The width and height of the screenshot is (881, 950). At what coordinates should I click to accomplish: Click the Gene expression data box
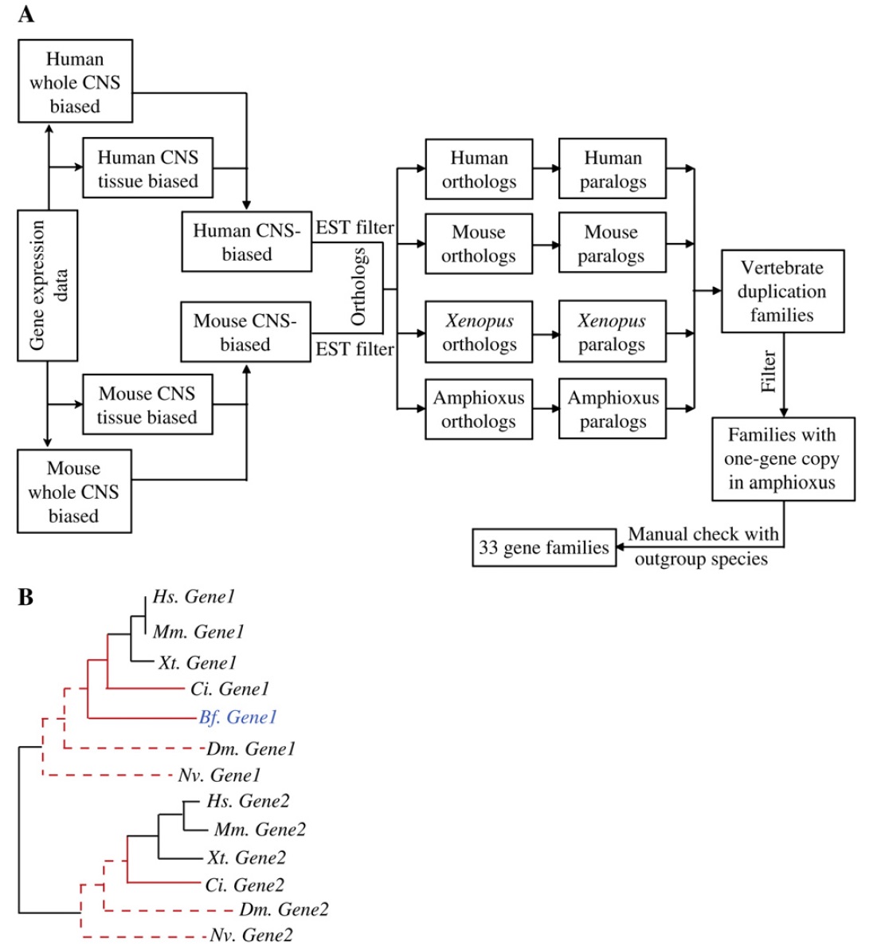pyautogui.click(x=48, y=285)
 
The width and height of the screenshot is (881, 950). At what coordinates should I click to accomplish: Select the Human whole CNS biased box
pyautogui.click(x=75, y=81)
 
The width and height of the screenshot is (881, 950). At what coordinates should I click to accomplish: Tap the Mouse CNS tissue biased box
pyautogui.click(x=147, y=405)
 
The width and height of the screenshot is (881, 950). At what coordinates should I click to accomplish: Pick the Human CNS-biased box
pyautogui.click(x=246, y=242)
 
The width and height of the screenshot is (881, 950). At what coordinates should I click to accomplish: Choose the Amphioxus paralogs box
pyautogui.click(x=613, y=409)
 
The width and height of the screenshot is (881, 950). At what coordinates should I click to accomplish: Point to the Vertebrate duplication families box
pyautogui.click(x=781, y=291)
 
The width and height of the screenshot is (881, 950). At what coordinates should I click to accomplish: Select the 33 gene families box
pyautogui.click(x=544, y=548)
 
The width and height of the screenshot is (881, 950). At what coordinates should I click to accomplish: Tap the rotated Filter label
pyautogui.click(x=769, y=371)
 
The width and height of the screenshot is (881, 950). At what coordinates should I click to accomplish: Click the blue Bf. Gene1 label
pyautogui.click(x=237, y=717)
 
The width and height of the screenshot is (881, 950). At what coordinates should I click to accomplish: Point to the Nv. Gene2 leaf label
pyautogui.click(x=251, y=936)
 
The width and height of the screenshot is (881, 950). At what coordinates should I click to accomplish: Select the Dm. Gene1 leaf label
pyautogui.click(x=250, y=748)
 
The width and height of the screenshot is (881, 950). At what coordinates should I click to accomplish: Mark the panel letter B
pyautogui.click(x=25, y=597)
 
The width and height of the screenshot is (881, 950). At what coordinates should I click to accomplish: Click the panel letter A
pyautogui.click(x=25, y=14)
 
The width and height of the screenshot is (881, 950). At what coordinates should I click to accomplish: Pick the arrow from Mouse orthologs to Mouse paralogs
pyautogui.click(x=546, y=244)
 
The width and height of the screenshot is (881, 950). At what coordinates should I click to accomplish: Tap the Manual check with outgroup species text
pyautogui.click(x=703, y=546)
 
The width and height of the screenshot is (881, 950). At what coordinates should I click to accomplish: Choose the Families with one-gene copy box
pyautogui.click(x=782, y=458)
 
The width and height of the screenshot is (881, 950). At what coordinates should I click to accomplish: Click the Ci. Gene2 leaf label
pyautogui.click(x=245, y=885)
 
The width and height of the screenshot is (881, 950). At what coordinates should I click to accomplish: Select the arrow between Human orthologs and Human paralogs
pyautogui.click(x=546, y=169)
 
